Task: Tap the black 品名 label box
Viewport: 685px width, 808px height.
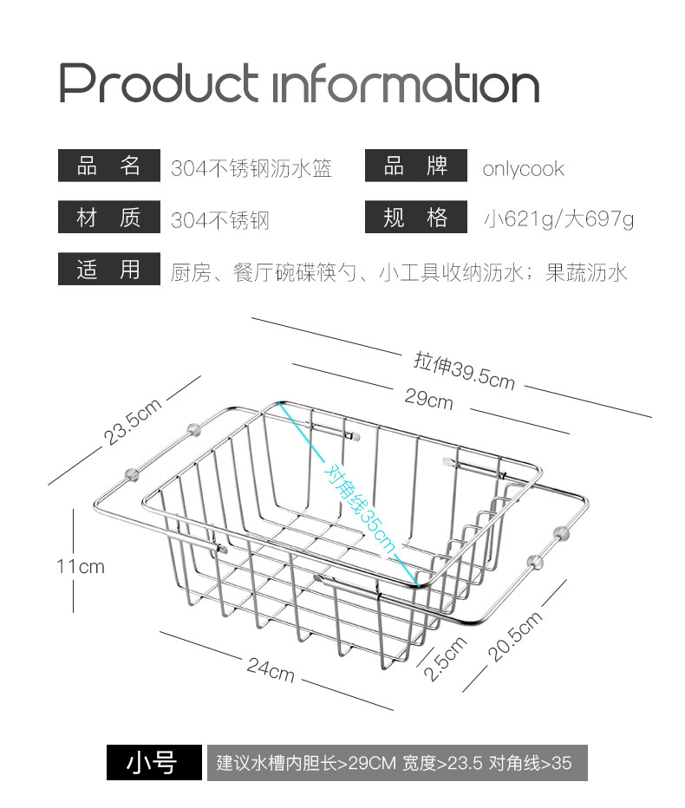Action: tap(108, 166)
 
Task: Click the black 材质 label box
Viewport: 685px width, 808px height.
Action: tap(108, 218)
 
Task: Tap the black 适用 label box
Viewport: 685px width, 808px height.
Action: tap(108, 270)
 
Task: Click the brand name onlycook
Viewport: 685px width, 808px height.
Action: tap(523, 168)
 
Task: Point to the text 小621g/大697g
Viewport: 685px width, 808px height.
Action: tap(558, 219)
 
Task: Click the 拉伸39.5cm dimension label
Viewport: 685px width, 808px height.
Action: tap(465, 370)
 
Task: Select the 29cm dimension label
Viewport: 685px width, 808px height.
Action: tap(428, 400)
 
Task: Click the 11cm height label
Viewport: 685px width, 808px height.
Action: tap(80, 566)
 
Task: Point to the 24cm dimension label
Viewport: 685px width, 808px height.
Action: tap(271, 669)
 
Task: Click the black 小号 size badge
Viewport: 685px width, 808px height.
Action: tap(153, 763)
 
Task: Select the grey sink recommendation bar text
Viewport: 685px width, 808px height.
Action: tap(395, 764)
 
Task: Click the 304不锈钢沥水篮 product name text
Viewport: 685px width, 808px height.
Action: tap(251, 168)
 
